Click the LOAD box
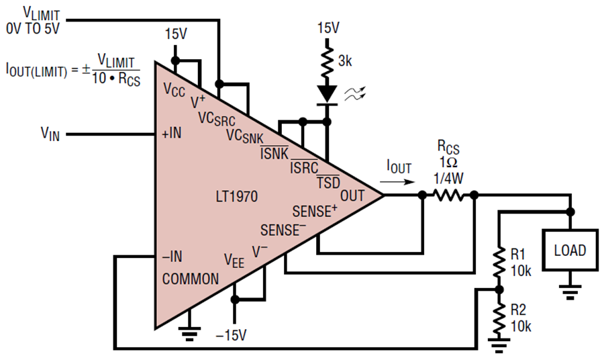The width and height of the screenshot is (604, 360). [x=570, y=251]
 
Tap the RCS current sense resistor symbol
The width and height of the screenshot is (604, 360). [x=448, y=195]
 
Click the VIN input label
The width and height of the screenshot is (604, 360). [x=50, y=133]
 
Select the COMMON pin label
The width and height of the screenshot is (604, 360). [x=190, y=279]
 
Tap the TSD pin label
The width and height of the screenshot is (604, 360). [x=328, y=181]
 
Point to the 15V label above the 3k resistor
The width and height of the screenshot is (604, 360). [x=328, y=28]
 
